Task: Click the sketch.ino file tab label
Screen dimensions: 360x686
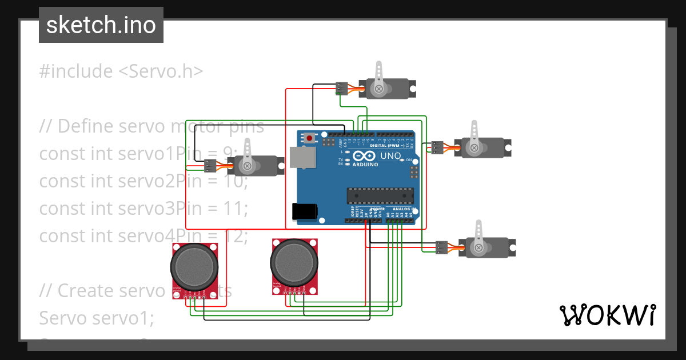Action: [101, 25]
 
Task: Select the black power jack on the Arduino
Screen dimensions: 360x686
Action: [304, 211]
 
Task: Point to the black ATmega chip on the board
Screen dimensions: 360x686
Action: [380, 195]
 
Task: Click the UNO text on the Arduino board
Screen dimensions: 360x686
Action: [391, 155]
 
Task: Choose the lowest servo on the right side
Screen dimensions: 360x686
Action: [489, 247]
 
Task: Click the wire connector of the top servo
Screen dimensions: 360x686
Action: [341, 88]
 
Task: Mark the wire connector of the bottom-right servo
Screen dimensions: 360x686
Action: [441, 247]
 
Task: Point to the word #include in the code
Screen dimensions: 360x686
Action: [76, 71]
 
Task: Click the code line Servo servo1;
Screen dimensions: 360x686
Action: [96, 318]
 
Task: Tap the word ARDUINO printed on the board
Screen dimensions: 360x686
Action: [365, 164]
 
